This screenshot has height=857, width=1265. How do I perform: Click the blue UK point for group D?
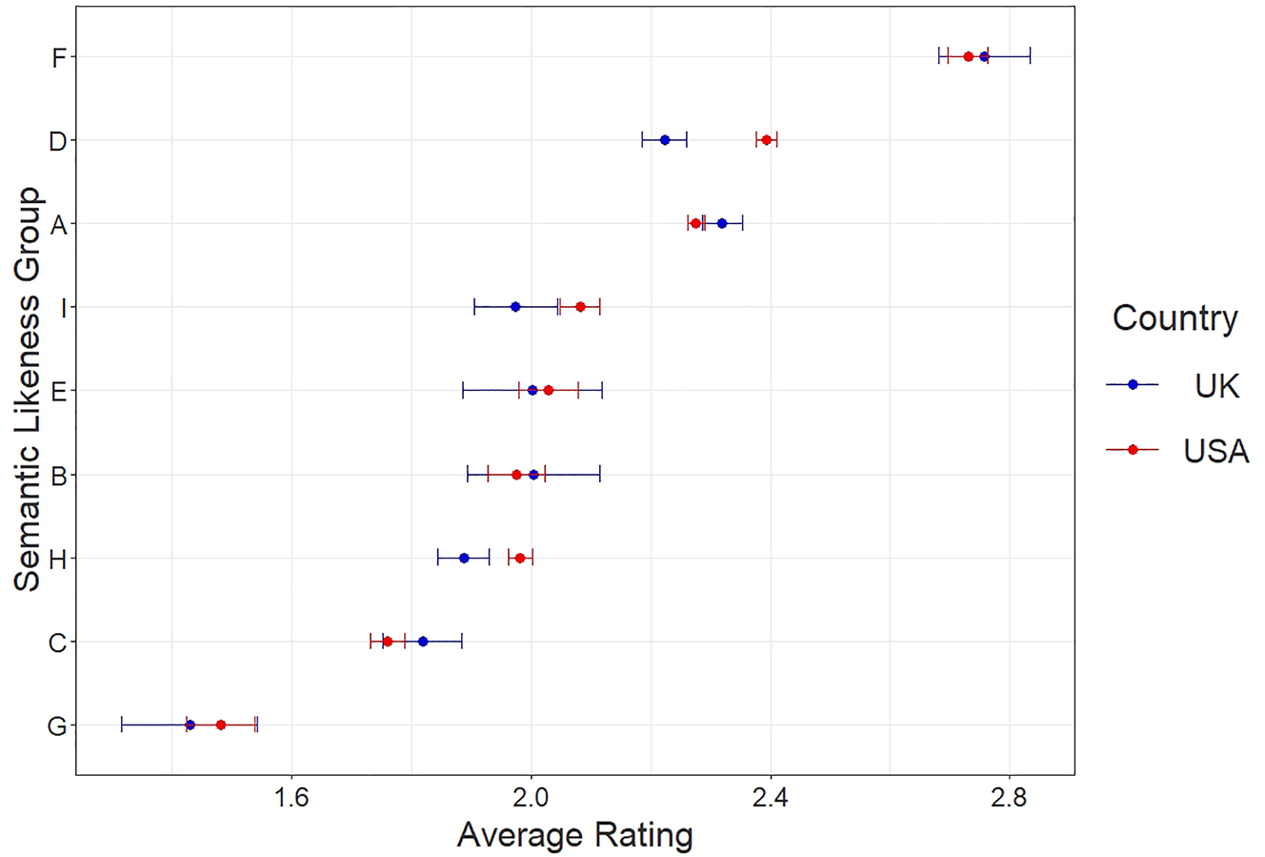click(x=665, y=140)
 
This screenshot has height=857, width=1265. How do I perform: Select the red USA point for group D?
click(x=767, y=140)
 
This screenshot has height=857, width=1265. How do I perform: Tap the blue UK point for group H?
click(x=464, y=558)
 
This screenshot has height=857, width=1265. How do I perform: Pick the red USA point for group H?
click(x=520, y=558)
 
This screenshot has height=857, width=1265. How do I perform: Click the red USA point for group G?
click(x=221, y=725)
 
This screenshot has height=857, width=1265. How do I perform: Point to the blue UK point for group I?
click(x=515, y=307)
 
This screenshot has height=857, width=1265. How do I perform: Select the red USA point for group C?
click(x=388, y=642)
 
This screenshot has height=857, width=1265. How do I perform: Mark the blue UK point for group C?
click(x=423, y=642)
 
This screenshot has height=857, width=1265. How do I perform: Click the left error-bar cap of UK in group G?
click(x=122, y=725)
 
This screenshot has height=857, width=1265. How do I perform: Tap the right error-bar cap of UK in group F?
click(x=1030, y=57)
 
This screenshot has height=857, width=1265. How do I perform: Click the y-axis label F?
click(x=59, y=58)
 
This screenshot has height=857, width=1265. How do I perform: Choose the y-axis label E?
click(x=59, y=392)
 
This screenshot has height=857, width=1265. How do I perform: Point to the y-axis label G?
click(x=57, y=726)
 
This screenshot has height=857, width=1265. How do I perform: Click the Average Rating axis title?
click(x=574, y=835)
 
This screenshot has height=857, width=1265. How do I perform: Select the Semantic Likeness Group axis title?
click(x=29, y=389)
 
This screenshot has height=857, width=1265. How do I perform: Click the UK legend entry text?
click(x=1216, y=386)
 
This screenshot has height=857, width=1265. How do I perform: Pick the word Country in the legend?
click(x=1175, y=317)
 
